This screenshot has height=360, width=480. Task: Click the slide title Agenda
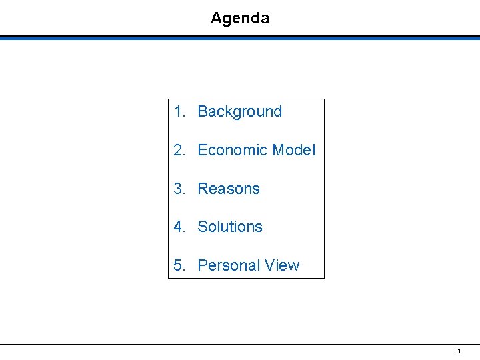pyautogui.click(x=240, y=18)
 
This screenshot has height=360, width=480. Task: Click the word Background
pyautogui.click(x=240, y=112)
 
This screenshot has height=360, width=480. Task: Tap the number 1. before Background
pyautogui.click(x=179, y=112)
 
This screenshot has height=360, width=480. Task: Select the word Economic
pyautogui.click(x=232, y=151)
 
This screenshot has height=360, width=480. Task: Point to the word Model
pyautogui.click(x=293, y=151)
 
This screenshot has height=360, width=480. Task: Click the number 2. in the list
pyautogui.click(x=179, y=151)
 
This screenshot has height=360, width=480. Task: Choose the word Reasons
pyautogui.click(x=229, y=189)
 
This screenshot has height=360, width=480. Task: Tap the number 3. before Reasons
pyautogui.click(x=179, y=189)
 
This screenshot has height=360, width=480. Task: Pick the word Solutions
pyautogui.click(x=230, y=227)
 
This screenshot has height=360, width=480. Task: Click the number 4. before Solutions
pyautogui.click(x=179, y=227)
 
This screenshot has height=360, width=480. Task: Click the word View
pyautogui.click(x=282, y=266)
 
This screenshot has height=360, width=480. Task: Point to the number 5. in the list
pyautogui.click(x=179, y=266)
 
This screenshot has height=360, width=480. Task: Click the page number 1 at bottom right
pyautogui.click(x=459, y=351)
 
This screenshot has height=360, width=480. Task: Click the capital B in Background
pyautogui.click(x=203, y=112)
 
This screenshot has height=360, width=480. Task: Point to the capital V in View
pyautogui.click(x=269, y=266)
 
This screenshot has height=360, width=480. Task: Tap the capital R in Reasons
pyautogui.click(x=203, y=189)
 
